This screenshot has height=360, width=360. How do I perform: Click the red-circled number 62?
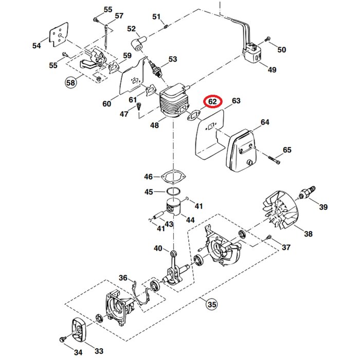coord(212,103)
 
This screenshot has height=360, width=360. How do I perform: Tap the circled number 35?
coord(211,304)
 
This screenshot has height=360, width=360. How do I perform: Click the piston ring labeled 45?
coord(174,192)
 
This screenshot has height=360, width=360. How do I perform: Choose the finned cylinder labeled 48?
coord(175,103)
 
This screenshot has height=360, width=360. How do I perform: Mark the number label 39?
coord(323,207)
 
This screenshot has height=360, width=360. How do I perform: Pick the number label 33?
coord(99,351)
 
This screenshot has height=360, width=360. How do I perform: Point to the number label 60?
coord(106,103)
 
